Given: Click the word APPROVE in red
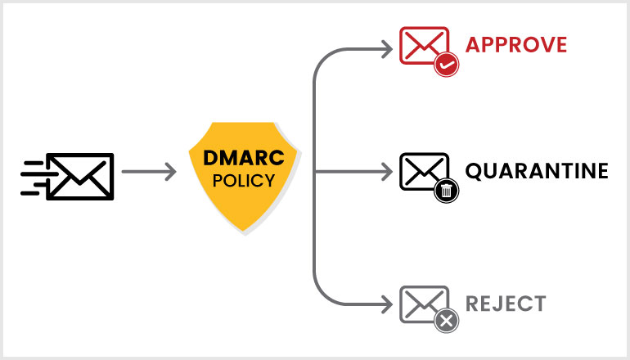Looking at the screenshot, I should pos(515,44).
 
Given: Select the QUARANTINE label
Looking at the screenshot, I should pos(536,171).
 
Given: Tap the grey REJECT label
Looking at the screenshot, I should pos(505,304).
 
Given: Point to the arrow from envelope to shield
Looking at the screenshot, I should pos(148,173).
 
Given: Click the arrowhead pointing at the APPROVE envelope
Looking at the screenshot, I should pos(385,47).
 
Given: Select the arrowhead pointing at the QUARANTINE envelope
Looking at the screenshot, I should pos(385,173).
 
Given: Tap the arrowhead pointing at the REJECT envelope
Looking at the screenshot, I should pos(385,304).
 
